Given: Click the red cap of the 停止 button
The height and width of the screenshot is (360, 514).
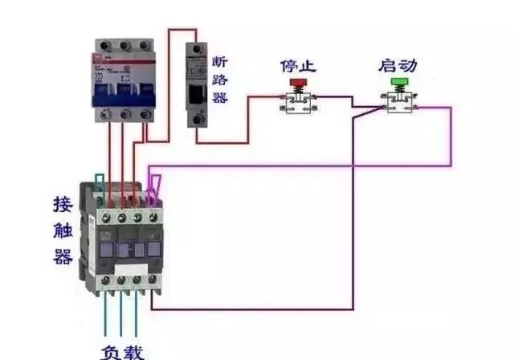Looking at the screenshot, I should [297, 82].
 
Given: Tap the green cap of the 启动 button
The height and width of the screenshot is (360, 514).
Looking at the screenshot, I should [398, 82].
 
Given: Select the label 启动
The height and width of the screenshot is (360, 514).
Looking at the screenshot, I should [398, 64].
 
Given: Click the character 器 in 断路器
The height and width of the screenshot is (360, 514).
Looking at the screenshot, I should [220, 97].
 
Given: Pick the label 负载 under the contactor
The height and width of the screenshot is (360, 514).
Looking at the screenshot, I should [123, 350].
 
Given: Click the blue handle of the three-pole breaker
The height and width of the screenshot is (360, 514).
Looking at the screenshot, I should [123, 95].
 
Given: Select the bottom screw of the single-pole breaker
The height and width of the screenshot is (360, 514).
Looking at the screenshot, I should [194, 120].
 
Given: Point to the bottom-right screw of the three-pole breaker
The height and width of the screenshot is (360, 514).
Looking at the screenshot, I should [145, 115].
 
